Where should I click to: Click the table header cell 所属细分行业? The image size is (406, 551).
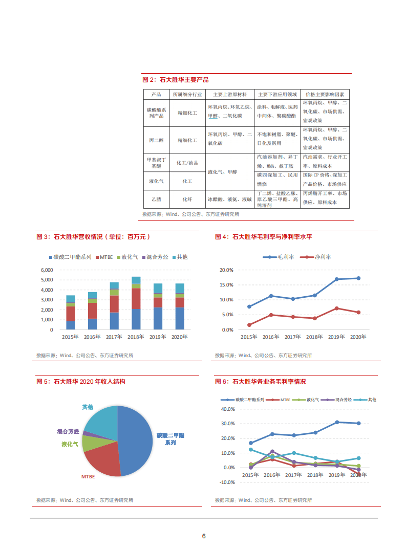[187, 95]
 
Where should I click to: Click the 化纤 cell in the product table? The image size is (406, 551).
[187, 199]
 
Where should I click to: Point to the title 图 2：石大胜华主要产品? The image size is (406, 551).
[175, 80]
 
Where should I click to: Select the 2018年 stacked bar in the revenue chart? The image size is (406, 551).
[136, 303]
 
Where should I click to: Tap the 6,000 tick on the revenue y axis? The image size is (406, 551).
[47, 270]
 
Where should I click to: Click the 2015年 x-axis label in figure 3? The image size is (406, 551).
[70, 337]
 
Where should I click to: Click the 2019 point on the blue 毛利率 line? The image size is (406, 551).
[336, 279]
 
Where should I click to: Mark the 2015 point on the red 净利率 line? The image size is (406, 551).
[249, 325]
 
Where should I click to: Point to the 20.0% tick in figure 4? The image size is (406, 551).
[226, 270]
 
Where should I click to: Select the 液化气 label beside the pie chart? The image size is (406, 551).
[70, 444]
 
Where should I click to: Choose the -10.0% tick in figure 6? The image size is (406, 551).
[226, 482]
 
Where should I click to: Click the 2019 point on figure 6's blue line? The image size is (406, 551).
[337, 422]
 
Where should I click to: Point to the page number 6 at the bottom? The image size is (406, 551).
[204, 536]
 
